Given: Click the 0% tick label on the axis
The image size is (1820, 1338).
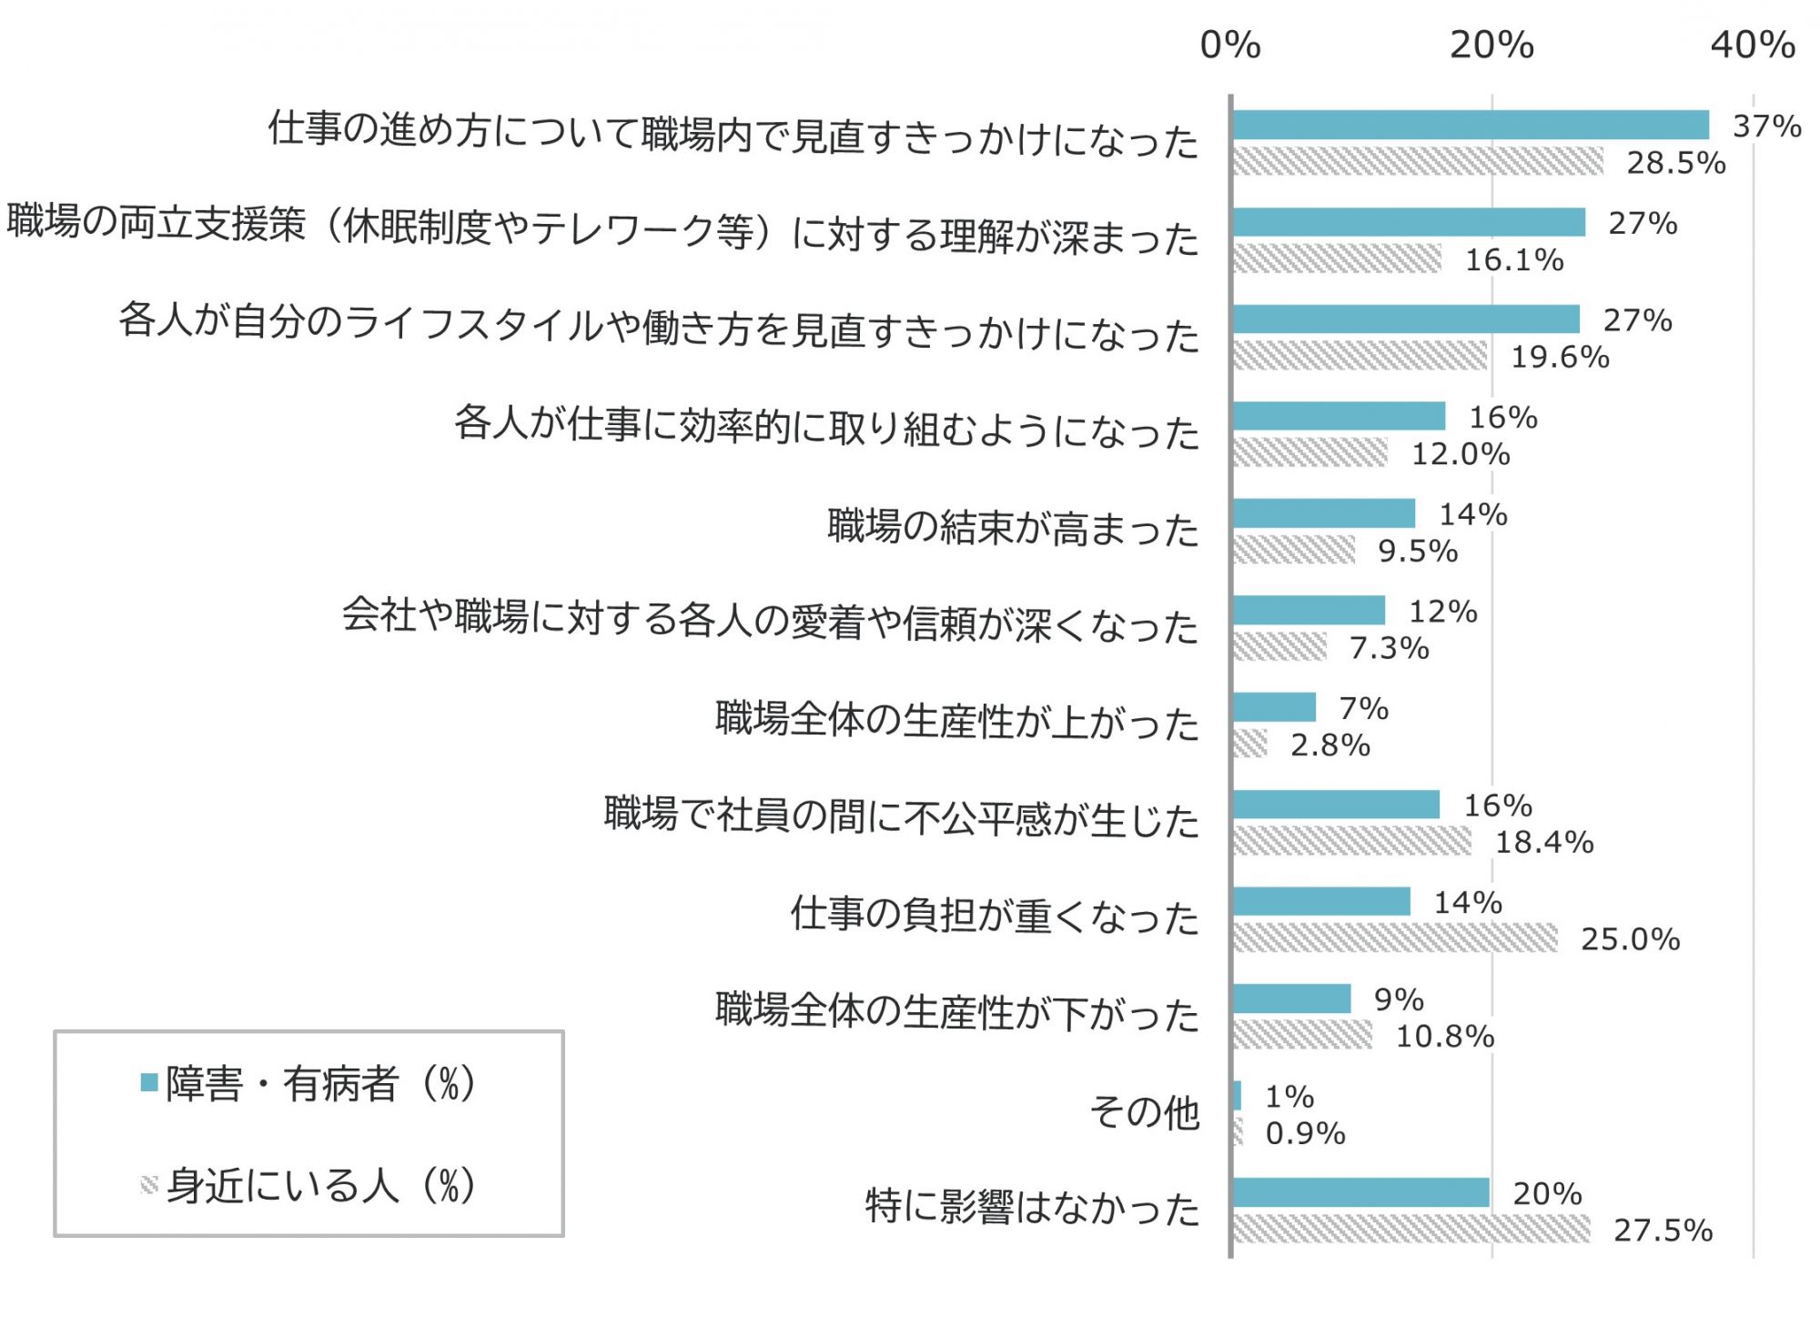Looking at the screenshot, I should pyautogui.click(x=1229, y=45).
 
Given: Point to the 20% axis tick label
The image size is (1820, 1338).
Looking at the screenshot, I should pyautogui.click(x=1491, y=45).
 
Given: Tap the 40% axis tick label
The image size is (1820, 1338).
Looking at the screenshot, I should pyautogui.click(x=1753, y=45).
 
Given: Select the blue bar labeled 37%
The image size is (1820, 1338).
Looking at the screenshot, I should pyautogui.click(x=1471, y=125).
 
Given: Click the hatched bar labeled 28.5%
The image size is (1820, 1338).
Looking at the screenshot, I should pyautogui.click(x=1418, y=161).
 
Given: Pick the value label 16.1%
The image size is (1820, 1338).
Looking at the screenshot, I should pyautogui.click(x=1514, y=260).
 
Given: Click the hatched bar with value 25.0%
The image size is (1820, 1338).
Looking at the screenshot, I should pyautogui.click(x=1395, y=938).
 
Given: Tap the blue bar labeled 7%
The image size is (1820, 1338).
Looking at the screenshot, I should pyautogui.click(x=1274, y=707).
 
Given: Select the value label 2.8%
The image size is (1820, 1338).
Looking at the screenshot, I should pyautogui.click(x=1330, y=745).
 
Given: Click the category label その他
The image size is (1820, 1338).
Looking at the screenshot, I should pyautogui.click(x=1145, y=1112).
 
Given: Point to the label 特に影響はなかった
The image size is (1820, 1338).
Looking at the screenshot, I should pyautogui.click(x=1032, y=1208).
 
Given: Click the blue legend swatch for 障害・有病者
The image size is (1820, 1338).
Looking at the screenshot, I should pyautogui.click(x=150, y=1083).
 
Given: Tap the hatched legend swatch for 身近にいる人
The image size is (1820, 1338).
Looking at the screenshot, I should pyautogui.click(x=150, y=1184).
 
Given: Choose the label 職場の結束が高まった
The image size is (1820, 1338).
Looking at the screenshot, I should pyautogui.click(x=1013, y=528).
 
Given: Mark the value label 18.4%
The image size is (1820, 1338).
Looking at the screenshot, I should pyautogui.click(x=1544, y=842).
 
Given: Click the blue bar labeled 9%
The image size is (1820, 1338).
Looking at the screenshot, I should pyautogui.click(x=1291, y=998).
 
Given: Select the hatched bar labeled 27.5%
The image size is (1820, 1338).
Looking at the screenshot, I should pyautogui.click(x=1411, y=1229).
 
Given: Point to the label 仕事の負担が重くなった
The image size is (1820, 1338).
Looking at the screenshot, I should pyautogui.click(x=995, y=916).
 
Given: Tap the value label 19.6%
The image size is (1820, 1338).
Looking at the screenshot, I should pyautogui.click(x=1560, y=357).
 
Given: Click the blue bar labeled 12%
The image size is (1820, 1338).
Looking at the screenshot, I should pyautogui.click(x=1309, y=610).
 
